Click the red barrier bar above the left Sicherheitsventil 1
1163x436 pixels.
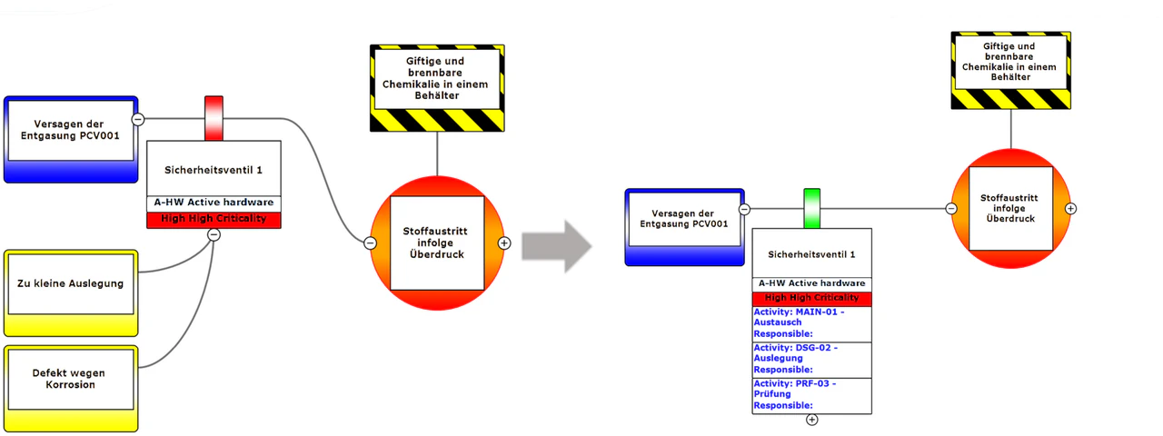pos(214,118)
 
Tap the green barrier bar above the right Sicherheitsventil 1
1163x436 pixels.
pos(812,209)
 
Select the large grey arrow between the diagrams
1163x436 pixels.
pos(557,246)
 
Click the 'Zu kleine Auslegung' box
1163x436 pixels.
pos(71,293)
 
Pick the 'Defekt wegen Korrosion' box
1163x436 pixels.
pos(71,389)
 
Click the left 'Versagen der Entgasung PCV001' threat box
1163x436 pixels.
pos(71,139)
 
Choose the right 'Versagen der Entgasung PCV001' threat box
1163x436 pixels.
pos(685,227)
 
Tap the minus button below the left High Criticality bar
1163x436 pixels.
pos(214,235)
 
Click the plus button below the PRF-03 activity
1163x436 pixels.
pos(812,420)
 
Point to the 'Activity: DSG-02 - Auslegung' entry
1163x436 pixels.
pos(812,360)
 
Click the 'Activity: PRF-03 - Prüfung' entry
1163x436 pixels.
pos(812,395)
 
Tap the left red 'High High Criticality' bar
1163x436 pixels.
pos(214,220)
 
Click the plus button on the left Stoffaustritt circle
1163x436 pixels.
pos(504,243)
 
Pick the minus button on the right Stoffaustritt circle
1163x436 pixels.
pos(951,209)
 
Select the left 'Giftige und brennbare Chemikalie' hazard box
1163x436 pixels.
pos(437,88)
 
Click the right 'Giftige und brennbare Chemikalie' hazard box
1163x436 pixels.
pos(1011,70)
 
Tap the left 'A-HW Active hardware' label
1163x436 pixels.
pos(214,203)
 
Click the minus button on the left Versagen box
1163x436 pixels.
pos(138,119)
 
